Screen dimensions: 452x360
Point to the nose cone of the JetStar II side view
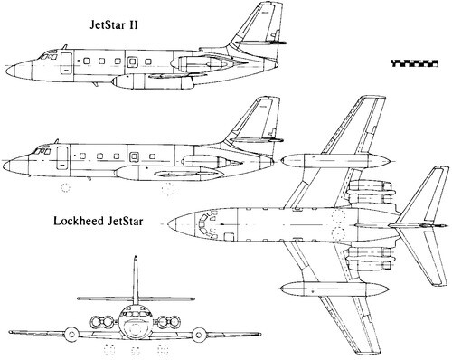(11, 68)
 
